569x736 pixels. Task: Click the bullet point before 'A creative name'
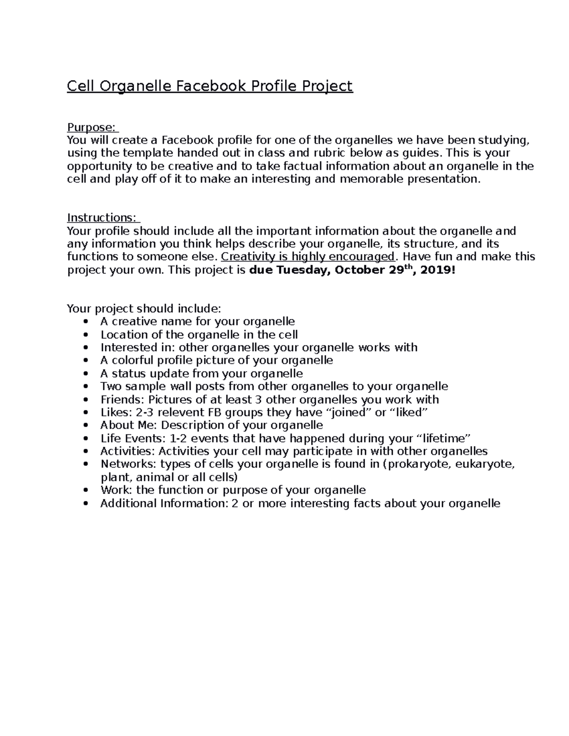(85, 322)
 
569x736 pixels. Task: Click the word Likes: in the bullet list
(114, 412)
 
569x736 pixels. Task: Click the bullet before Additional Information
(85, 503)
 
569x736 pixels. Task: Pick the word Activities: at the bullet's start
(128, 451)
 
